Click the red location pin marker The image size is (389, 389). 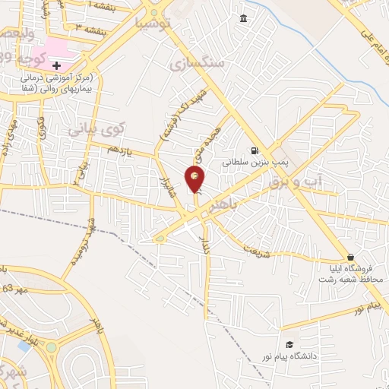point(196,179)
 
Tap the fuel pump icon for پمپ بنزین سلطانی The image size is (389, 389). point(254,150)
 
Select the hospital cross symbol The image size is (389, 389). point(56,65)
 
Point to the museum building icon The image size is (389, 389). point(243,18)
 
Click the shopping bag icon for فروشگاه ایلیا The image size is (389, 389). point(349,257)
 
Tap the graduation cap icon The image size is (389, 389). point(289,343)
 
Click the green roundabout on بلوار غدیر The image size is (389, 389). point(51,348)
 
